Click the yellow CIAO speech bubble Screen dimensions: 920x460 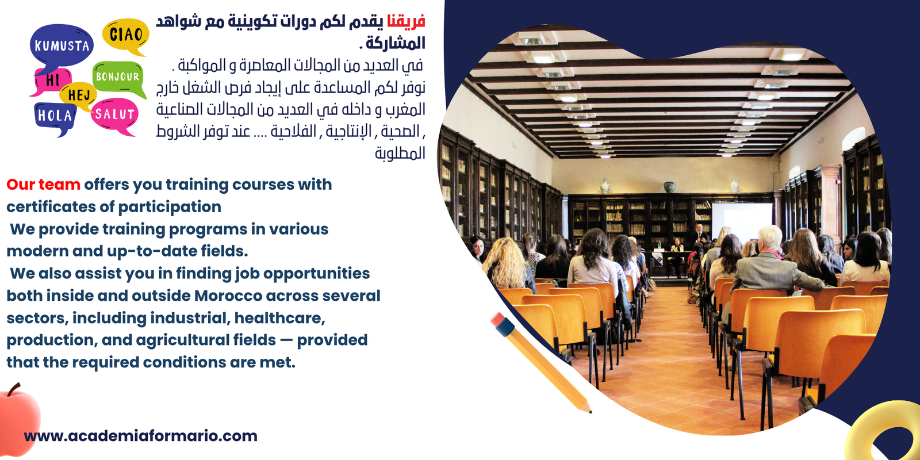click(125, 35)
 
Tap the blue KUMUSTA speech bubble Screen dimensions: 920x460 click(62, 46)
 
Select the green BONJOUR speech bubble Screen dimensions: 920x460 click(118, 77)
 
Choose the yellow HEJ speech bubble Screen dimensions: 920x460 click(78, 95)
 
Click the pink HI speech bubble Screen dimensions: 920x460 click(52, 80)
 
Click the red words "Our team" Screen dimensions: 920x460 click(43, 185)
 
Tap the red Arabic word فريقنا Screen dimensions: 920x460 click(406, 22)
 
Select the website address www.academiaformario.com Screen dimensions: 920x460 click(140, 436)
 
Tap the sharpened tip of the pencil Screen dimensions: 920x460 click(590, 411)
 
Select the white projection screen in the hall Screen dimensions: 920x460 click(742, 221)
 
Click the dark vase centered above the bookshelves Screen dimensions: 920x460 click(669, 187)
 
